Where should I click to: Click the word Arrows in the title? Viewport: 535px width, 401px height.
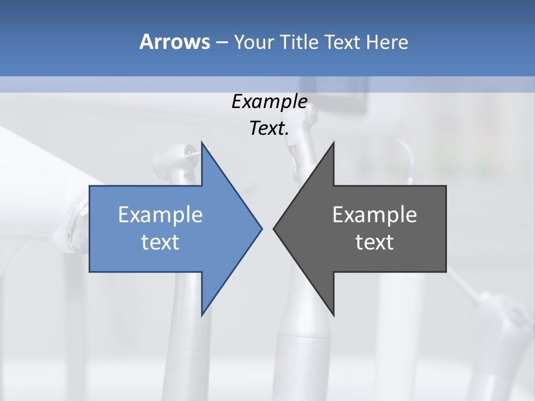[174, 42]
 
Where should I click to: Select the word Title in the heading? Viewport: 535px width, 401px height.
[299, 42]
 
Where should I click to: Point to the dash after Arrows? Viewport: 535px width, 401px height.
[221, 42]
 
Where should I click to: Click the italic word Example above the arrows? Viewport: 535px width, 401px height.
[270, 102]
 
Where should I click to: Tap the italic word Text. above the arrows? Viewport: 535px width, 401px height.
[270, 129]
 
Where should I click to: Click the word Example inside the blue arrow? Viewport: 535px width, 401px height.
[160, 215]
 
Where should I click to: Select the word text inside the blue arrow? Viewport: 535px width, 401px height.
[160, 242]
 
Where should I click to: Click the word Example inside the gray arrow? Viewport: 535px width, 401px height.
[374, 215]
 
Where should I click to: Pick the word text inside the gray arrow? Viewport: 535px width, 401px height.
[374, 242]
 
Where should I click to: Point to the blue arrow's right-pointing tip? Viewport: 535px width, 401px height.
[261, 228]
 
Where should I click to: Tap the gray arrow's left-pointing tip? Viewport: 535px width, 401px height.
[274, 228]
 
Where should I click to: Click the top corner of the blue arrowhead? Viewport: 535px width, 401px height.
[202, 143]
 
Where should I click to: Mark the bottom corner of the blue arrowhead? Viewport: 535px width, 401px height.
[202, 315]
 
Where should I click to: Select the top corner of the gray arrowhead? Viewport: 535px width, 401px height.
[333, 143]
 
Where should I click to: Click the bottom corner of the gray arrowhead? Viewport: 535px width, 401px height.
[333, 315]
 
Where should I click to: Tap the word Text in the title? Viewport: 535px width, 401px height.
[342, 42]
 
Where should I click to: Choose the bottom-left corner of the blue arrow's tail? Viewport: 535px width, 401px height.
[90, 271]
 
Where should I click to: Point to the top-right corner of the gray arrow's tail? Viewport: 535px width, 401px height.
[446, 186]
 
